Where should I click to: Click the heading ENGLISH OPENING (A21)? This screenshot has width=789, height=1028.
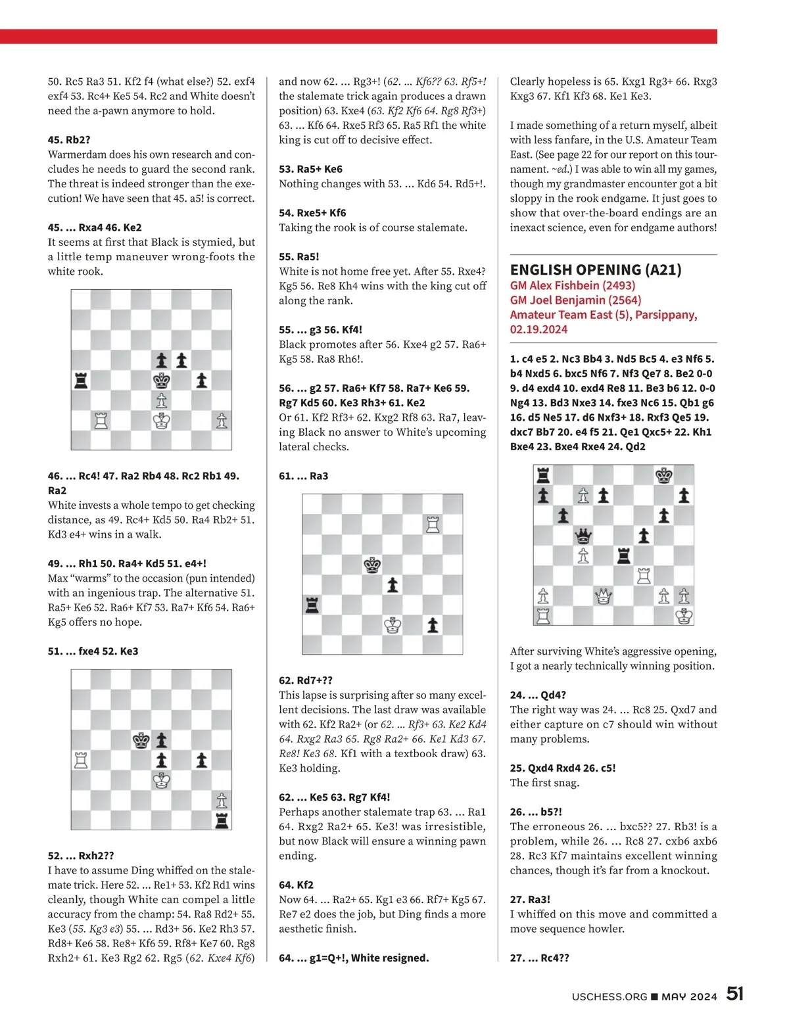pyautogui.click(x=596, y=269)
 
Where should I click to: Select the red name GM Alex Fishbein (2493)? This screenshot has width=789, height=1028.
pyautogui.click(x=572, y=285)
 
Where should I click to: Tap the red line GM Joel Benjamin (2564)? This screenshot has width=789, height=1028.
pyautogui.click(x=575, y=300)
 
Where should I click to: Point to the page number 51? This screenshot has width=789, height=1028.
pyautogui.click(x=734, y=994)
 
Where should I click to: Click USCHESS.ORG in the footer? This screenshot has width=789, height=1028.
pyautogui.click(x=610, y=996)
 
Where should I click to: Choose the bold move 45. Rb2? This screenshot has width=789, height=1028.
pyautogui.click(x=69, y=139)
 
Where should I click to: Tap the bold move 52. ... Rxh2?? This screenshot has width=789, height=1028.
pyautogui.click(x=81, y=855)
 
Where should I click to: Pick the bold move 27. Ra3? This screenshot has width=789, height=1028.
pyautogui.click(x=530, y=899)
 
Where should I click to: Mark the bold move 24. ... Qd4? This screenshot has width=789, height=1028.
pyautogui.click(x=538, y=695)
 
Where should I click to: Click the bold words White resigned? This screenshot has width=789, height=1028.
pyautogui.click(x=390, y=958)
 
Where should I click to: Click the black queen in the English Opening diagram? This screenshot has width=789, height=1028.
pyautogui.click(x=583, y=536)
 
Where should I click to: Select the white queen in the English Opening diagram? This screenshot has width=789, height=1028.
pyautogui.click(x=603, y=596)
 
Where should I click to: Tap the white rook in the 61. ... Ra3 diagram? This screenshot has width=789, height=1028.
pyautogui.click(x=433, y=524)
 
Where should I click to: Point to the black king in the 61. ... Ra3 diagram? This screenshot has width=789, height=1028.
pyautogui.click(x=373, y=565)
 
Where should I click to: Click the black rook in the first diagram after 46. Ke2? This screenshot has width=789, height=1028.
pyautogui.click(x=81, y=380)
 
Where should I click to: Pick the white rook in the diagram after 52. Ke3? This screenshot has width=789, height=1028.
pyautogui.click(x=81, y=760)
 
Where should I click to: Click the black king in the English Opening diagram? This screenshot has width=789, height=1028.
pyautogui.click(x=664, y=475)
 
